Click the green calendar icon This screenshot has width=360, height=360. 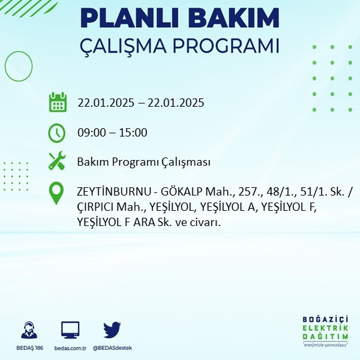pyautogui.click(x=58, y=102)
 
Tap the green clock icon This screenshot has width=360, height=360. pyautogui.click(x=57, y=133)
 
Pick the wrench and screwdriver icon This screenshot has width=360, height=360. pyautogui.click(x=58, y=161)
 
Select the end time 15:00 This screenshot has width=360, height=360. pyautogui.click(x=134, y=133)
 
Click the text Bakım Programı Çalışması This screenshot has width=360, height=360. pyautogui.click(x=143, y=162)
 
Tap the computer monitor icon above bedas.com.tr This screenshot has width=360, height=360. pyautogui.click(x=70, y=330)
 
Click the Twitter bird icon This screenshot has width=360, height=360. pyautogui.click(x=112, y=330)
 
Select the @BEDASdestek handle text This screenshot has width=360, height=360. pyautogui.click(x=112, y=348)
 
